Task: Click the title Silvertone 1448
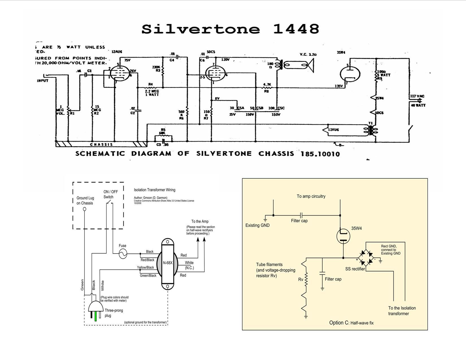pos(230,29)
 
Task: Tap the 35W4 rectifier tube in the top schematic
pos(350,74)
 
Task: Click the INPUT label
pos(43,81)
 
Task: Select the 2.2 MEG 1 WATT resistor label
pos(152,93)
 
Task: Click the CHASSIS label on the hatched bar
pos(101,145)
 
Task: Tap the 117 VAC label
pos(417,96)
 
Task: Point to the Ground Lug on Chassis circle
pos(84,209)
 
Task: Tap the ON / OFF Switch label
pos(110,194)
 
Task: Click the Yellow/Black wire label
pos(145,267)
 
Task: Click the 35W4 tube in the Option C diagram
pos(343,236)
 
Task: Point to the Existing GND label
pos(257,225)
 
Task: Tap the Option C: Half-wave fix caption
pos(351,323)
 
